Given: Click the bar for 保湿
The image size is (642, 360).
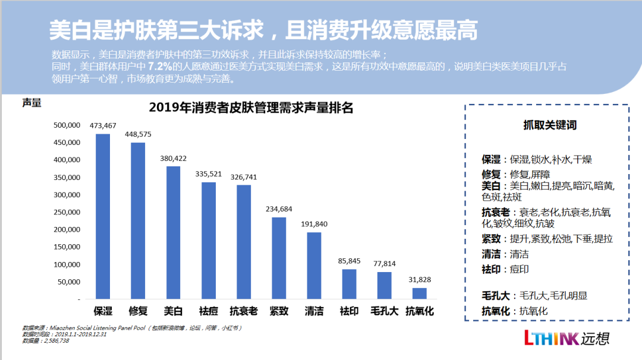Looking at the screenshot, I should (x=103, y=216).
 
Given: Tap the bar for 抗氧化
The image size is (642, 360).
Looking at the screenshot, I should (x=420, y=293).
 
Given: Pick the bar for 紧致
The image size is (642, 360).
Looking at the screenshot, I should (x=279, y=258).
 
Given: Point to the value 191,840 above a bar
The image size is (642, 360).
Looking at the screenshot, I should (x=314, y=224).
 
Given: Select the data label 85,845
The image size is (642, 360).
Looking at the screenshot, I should (x=350, y=261).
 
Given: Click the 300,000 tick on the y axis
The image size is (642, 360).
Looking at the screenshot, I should (x=67, y=178).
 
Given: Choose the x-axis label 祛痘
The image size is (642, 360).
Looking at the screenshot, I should (x=208, y=311).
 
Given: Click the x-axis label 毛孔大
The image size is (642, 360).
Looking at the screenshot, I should (x=384, y=311).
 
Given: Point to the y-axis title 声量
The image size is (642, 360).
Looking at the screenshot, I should (x=32, y=102).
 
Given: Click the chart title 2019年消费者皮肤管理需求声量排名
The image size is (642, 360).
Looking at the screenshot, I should (x=251, y=108).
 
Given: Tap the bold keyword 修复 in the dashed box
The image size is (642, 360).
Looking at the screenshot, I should (x=492, y=174).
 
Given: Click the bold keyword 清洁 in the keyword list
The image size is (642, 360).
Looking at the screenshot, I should (x=492, y=254).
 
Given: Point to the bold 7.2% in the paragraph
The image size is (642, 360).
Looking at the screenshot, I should (x=160, y=65).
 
